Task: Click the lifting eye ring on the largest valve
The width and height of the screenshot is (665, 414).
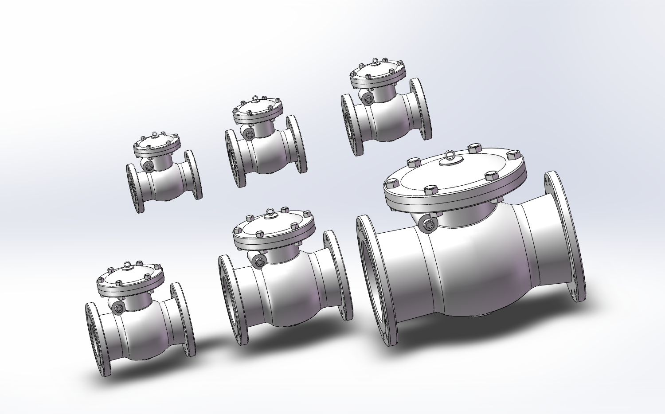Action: coord(449,156)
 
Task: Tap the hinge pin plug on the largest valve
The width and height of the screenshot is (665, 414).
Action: coord(428,225)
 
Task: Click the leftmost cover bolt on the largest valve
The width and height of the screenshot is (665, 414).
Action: coord(392,183)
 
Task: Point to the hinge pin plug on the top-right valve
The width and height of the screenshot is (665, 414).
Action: coord(367,99)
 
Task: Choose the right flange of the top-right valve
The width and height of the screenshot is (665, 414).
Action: coord(420,109)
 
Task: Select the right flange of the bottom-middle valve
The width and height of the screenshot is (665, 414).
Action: coord(338,275)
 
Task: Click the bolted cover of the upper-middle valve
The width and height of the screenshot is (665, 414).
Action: coord(257,111)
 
